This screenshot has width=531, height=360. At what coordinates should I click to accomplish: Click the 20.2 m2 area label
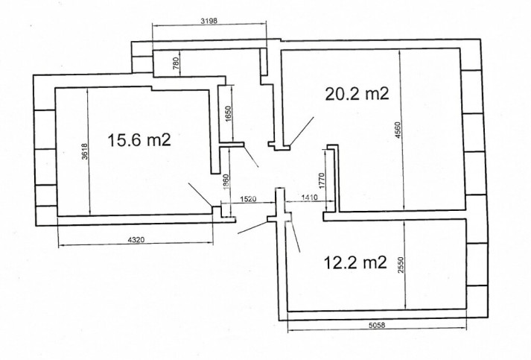[357, 94]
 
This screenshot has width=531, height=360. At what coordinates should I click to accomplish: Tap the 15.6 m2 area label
[139, 139]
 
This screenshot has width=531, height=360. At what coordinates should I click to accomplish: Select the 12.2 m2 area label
[355, 262]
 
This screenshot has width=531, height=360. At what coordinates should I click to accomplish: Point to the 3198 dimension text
[209, 21]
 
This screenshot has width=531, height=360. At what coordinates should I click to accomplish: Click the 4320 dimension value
[136, 240]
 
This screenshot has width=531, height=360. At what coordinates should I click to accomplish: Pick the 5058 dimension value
[377, 325]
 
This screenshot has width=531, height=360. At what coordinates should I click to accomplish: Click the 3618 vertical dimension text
[85, 151]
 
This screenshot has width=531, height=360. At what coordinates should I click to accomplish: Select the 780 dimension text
[176, 63]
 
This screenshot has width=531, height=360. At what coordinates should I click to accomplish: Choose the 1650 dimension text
[228, 115]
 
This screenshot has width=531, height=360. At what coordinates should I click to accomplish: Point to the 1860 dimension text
[226, 183]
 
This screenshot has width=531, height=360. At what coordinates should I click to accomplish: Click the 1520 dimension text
[248, 199]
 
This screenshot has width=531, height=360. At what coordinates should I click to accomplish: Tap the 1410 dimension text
[308, 198]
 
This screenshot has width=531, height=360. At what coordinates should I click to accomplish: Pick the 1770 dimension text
[322, 180]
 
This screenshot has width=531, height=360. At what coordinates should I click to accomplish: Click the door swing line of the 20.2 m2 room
[302, 131]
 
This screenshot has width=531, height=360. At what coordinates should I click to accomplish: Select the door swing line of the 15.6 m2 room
[200, 195]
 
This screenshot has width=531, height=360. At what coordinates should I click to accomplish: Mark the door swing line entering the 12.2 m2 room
[294, 237]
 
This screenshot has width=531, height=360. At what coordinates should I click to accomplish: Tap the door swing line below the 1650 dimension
[251, 157]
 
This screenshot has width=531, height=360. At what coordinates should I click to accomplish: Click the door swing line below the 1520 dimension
[252, 228]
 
